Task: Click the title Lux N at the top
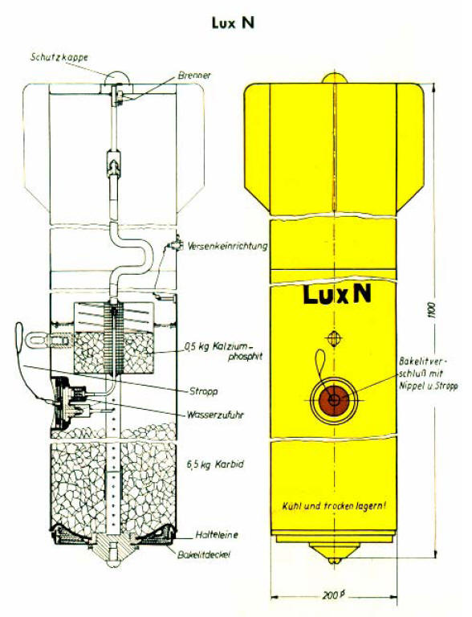[x=235, y=23]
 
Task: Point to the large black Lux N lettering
[x=336, y=295]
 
